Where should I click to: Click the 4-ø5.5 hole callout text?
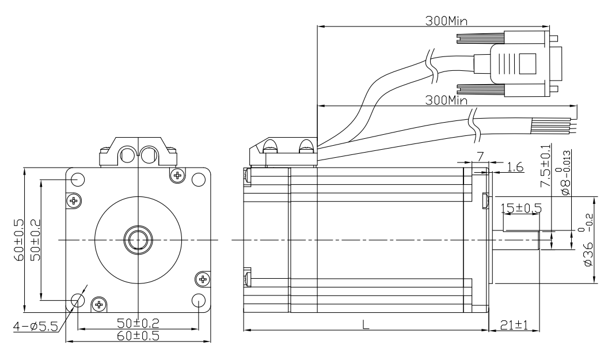pos(36,327)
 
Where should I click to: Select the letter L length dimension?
pos(366,324)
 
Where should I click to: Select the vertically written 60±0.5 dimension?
pos(20,237)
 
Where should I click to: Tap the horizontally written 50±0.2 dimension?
pos(138,324)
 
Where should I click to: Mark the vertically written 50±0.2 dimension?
pos(35,237)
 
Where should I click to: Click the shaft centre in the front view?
pos(138,239)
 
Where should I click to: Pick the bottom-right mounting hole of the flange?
pos(198,300)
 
